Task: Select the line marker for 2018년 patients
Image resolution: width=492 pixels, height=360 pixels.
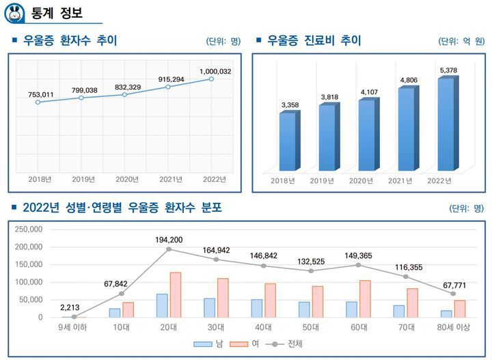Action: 38,102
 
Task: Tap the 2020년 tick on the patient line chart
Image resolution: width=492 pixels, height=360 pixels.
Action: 126,179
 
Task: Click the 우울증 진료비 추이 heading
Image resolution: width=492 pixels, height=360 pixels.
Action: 314,41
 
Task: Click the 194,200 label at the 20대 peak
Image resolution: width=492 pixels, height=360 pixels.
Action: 169,240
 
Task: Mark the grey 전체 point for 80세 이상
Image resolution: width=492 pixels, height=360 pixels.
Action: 452,294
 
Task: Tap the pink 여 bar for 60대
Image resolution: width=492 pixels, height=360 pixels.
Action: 365,299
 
